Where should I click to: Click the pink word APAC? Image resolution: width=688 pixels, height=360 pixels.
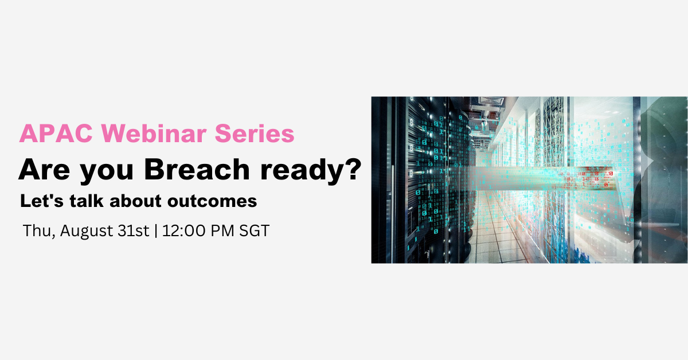(x=56, y=134)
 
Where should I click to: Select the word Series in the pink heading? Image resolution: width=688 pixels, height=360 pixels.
(x=255, y=134)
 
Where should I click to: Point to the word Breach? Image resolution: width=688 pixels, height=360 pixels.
(x=197, y=169)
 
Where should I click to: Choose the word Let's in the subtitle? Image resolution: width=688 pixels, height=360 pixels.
(x=42, y=201)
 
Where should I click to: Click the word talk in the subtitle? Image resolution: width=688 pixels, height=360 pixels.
(x=87, y=201)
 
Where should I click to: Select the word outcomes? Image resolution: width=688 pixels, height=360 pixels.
(x=212, y=202)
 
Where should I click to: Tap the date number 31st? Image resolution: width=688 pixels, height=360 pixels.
(x=133, y=230)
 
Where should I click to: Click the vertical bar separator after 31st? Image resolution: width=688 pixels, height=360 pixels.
(x=156, y=231)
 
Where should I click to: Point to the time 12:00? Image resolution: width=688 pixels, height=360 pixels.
(x=183, y=230)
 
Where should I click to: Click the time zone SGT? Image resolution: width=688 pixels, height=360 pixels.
(x=255, y=230)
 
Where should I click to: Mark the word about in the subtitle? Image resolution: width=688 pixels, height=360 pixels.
(x=135, y=201)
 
